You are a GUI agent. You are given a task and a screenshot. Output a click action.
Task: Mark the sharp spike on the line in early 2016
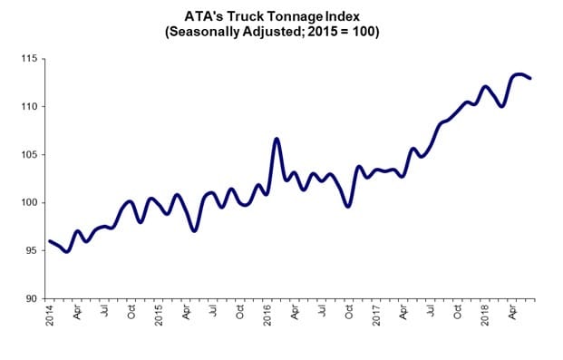point(277,139)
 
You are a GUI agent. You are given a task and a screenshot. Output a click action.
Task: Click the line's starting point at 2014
point(49,241)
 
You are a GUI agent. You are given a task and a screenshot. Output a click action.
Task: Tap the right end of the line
point(530,79)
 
